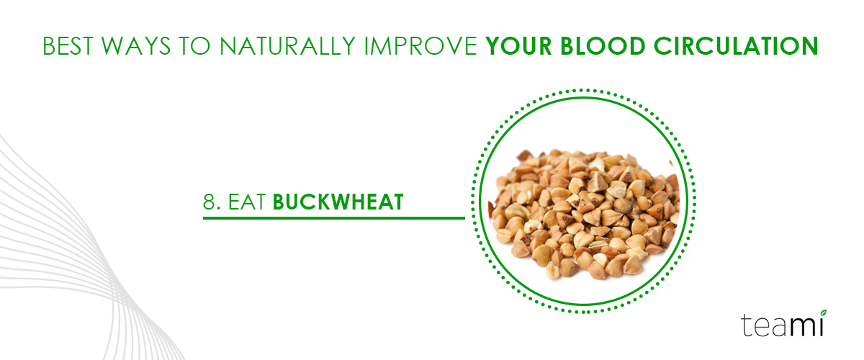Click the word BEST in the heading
[x=68, y=46]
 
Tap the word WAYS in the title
[x=136, y=46]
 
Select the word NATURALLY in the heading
[x=287, y=46]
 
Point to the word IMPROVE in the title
[x=420, y=46]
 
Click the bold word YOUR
[x=518, y=46]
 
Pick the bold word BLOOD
[x=603, y=46]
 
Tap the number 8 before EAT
[x=209, y=202]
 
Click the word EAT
[x=247, y=202]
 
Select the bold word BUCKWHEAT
[x=338, y=202]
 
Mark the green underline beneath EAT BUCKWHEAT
[x=334, y=218]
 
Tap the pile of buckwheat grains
[x=584, y=214]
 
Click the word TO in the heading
[x=195, y=46]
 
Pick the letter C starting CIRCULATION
[x=662, y=46]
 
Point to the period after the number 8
[x=219, y=209]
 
